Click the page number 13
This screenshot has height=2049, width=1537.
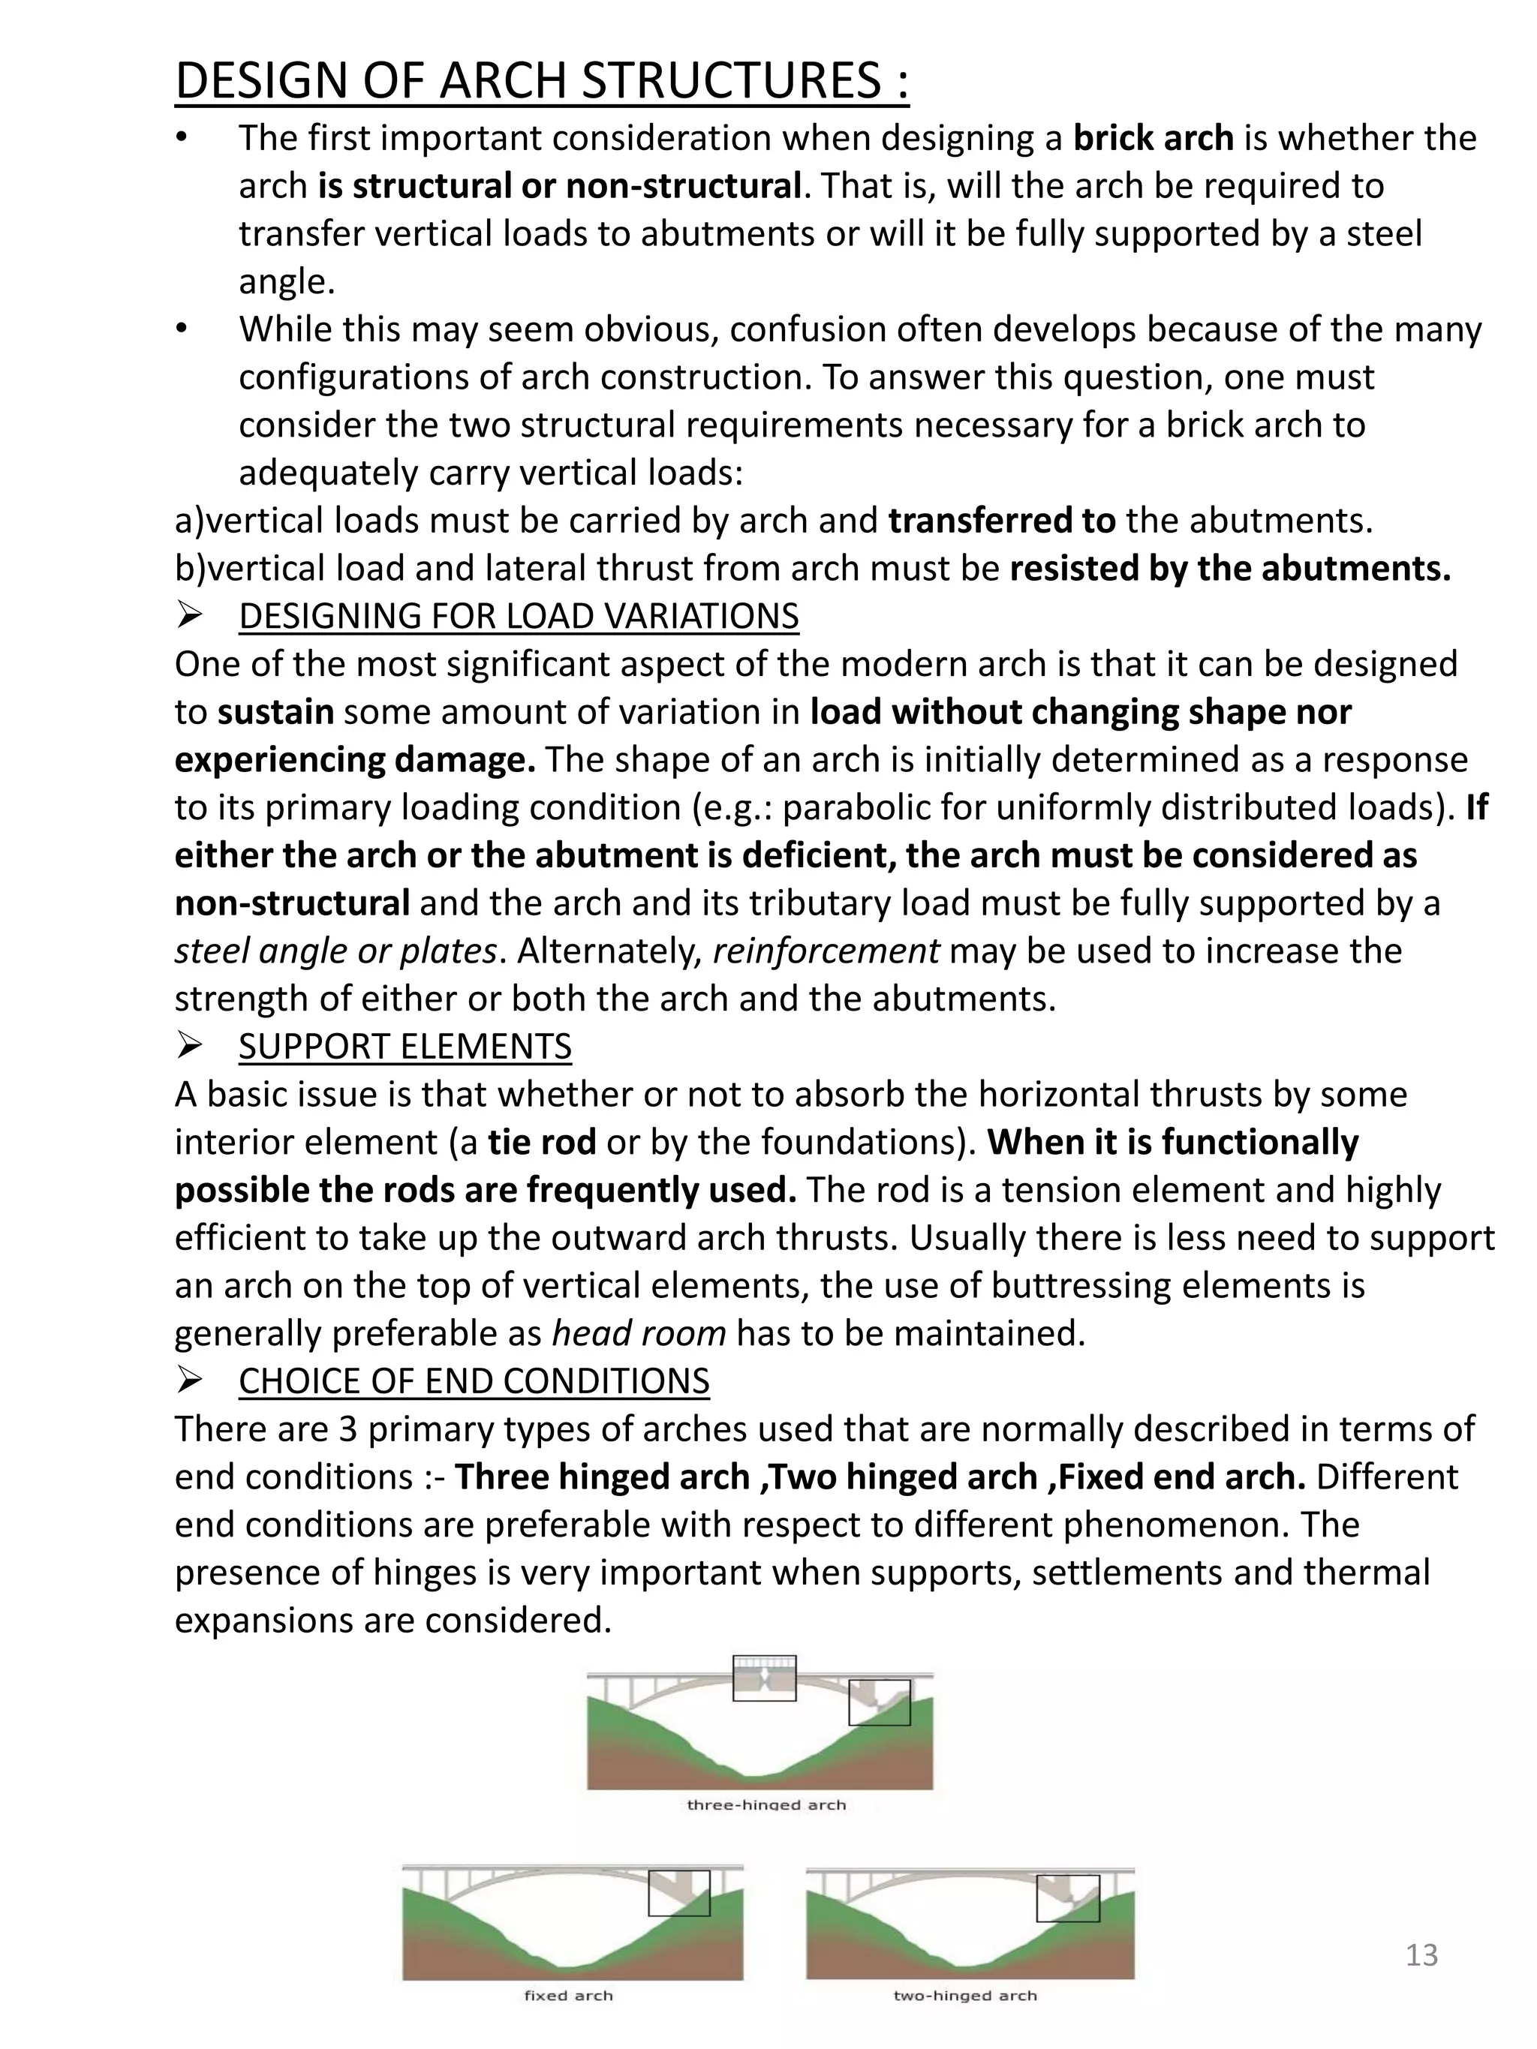pos(1421,1954)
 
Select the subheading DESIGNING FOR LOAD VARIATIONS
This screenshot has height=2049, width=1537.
pos(518,616)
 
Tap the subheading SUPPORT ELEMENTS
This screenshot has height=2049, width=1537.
pos(405,1046)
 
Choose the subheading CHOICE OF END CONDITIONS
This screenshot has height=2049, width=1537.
pos(474,1381)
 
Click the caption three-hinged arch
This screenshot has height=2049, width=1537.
pos(766,1804)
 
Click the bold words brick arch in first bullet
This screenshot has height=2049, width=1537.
pos(1153,138)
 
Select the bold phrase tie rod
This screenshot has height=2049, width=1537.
pos(542,1142)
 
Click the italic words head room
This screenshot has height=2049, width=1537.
pos(639,1333)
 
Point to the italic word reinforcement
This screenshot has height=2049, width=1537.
pos(826,951)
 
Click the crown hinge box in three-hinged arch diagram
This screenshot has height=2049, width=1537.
pos(764,1678)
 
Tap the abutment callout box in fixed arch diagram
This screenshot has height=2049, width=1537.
pos(678,1892)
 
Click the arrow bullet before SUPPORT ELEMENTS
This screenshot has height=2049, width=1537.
pos(190,1047)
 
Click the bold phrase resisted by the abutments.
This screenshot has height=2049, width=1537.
pos(1229,569)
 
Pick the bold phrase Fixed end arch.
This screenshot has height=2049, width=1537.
pos(1181,1477)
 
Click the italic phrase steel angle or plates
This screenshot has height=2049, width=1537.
pos(335,951)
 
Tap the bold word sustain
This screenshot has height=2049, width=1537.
pos(275,712)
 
